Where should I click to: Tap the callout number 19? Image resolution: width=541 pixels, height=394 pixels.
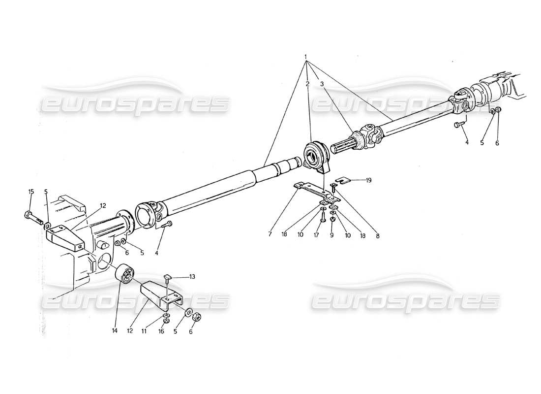pos(369,180)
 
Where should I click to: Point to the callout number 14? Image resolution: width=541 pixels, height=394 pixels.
pos(115,331)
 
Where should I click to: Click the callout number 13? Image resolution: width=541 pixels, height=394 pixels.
pos(192,277)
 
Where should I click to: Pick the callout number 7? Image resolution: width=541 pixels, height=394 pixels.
pos(270,235)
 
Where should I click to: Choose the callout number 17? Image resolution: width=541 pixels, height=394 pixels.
pos(317,235)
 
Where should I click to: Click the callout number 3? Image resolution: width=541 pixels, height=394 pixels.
pos(323,84)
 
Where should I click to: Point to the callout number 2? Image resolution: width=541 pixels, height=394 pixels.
pos(307,84)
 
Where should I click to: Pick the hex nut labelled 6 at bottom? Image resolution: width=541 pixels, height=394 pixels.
pos(194,317)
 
